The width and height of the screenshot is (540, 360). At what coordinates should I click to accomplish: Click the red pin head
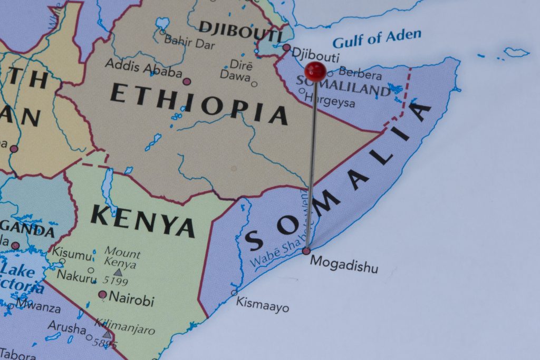click(315, 71)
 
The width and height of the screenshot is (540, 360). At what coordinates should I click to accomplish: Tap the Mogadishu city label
click(344, 264)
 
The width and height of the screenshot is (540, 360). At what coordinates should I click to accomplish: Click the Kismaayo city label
click(262, 304)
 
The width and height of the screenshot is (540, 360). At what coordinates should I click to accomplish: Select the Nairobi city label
click(131, 300)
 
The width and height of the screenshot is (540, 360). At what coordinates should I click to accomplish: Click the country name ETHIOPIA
click(198, 103)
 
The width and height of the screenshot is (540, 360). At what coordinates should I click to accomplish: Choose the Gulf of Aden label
click(377, 38)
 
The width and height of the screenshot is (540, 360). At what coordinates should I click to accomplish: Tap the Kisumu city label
click(72, 254)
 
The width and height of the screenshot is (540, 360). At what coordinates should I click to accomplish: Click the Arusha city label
click(66, 327)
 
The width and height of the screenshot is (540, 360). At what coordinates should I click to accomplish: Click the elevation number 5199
click(115, 281)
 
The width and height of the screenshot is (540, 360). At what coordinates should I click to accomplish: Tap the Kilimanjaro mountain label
click(125, 326)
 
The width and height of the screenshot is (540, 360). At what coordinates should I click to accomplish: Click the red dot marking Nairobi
click(102, 295)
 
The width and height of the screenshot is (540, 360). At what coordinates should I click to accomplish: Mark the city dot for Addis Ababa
click(186, 81)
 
